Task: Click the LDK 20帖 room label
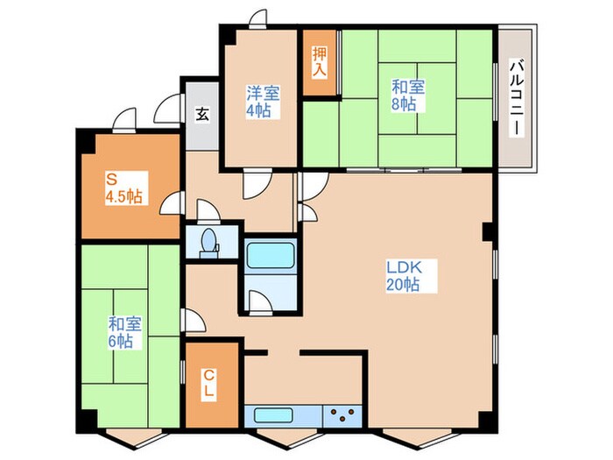point(404,276)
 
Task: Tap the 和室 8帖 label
point(408,96)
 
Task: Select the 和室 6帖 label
point(124,332)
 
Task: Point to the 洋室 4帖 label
point(263,102)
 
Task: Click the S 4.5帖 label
point(124,188)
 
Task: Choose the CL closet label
point(209,384)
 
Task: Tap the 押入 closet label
point(319,62)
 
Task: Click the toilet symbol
point(209,244)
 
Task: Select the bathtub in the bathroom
point(270,255)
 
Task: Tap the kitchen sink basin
point(273,415)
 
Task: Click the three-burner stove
point(343,415)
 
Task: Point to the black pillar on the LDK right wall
point(488,232)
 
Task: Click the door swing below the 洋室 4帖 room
point(257,183)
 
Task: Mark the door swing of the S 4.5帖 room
point(172,203)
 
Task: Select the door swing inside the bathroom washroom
point(261,303)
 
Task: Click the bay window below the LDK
point(417,438)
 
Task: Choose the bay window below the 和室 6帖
point(133,438)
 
